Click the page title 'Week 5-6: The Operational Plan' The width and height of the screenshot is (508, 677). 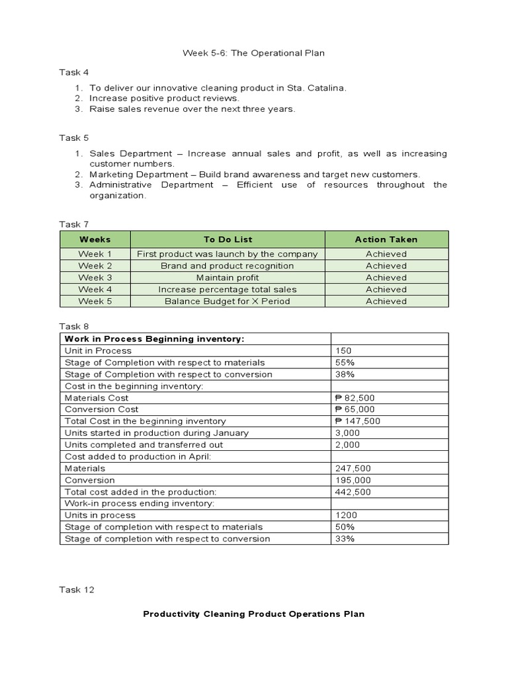point(253,53)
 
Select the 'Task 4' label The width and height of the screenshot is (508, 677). point(74,72)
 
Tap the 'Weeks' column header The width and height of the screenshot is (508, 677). point(95,239)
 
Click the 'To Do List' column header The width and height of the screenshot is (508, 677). point(228,239)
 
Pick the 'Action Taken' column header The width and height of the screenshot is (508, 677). point(386,239)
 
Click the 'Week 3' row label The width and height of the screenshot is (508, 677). point(95,278)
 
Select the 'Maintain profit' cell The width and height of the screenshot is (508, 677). point(228,278)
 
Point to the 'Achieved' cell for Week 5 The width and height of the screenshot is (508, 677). point(386,301)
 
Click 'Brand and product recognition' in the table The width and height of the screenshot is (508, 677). point(228,266)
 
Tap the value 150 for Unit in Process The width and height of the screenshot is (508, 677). point(344,351)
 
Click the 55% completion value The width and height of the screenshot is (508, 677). point(345,362)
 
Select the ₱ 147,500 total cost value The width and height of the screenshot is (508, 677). point(358,421)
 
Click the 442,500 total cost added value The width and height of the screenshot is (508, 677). point(353,492)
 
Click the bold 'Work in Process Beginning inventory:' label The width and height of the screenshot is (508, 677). point(154,339)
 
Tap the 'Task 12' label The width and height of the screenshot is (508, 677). point(77,590)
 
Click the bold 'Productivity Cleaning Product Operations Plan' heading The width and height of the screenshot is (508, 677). point(254,614)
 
